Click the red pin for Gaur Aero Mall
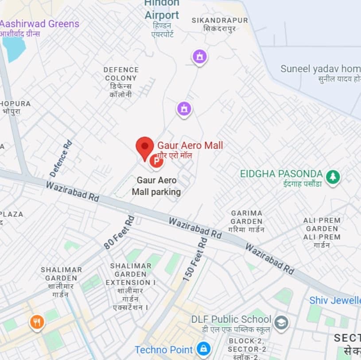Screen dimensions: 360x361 click(x=144, y=147)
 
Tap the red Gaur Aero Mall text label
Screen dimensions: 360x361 click(x=190, y=145)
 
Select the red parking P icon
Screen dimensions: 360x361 click(x=155, y=161)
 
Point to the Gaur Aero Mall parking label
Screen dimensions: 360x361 click(x=156, y=186)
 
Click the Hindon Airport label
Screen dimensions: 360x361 click(x=162, y=10)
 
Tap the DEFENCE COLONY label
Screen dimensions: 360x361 click(x=121, y=74)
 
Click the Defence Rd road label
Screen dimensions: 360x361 click(x=61, y=158)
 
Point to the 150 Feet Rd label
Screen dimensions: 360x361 click(x=195, y=259)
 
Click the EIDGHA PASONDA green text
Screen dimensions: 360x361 click(x=281, y=173)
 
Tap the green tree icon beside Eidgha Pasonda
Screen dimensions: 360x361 click(x=333, y=177)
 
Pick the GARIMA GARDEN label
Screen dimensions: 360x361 click(x=247, y=217)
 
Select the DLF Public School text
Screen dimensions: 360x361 click(x=231, y=319)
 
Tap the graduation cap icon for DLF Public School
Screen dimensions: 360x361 click(x=281, y=323)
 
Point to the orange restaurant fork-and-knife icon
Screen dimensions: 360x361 click(x=37, y=322)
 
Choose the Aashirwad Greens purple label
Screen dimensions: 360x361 click(x=40, y=24)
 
